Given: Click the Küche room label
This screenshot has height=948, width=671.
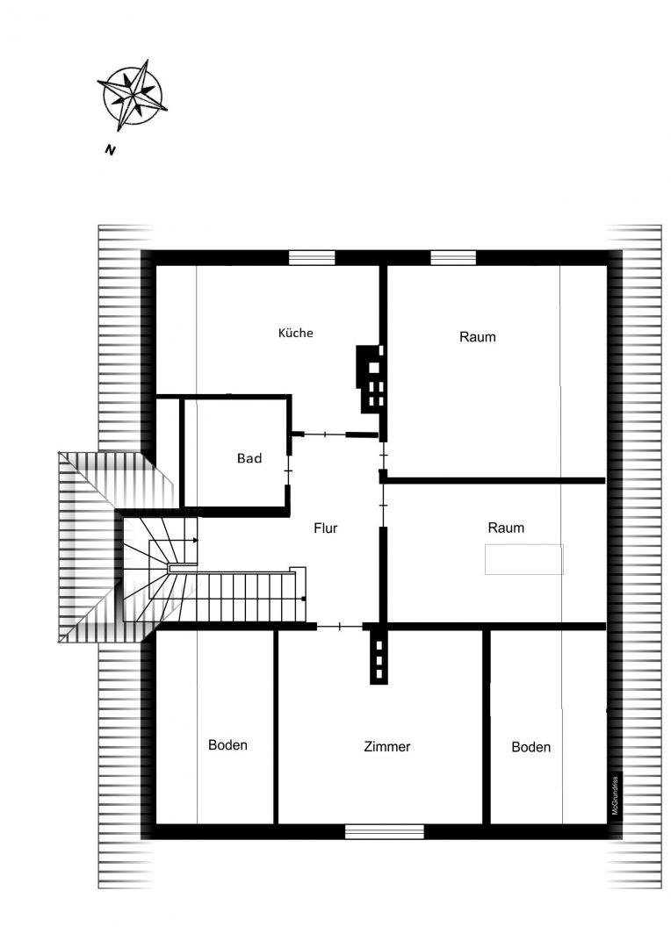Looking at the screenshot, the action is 295,333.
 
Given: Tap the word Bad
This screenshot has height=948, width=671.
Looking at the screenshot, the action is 249,458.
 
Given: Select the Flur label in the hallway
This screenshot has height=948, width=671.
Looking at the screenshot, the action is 326,528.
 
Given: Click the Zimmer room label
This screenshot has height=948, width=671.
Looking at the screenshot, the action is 387,747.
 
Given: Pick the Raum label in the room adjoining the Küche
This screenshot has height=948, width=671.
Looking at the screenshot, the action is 478,337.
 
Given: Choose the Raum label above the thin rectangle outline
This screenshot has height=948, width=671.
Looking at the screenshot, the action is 506,528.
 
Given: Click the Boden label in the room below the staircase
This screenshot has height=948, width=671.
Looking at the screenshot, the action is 227,745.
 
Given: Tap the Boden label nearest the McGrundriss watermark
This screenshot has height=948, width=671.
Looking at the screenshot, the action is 531,747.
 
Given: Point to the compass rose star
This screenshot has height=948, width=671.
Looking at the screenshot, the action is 133,96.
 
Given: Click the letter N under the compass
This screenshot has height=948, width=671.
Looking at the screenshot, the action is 110,150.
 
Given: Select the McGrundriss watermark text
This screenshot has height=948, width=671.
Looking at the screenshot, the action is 615,795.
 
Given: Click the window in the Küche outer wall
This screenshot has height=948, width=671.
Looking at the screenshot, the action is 312,257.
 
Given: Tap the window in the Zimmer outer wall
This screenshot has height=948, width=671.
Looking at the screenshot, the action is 384,832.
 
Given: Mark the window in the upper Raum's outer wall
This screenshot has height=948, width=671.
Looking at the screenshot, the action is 453,257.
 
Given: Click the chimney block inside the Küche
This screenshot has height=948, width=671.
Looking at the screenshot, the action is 371,379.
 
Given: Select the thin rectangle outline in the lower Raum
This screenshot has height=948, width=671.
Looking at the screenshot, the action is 524,559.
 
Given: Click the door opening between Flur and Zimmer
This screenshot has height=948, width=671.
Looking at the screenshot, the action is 339,627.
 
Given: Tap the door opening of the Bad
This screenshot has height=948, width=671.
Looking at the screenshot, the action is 288,470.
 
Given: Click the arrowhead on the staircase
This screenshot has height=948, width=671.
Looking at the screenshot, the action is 195,540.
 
